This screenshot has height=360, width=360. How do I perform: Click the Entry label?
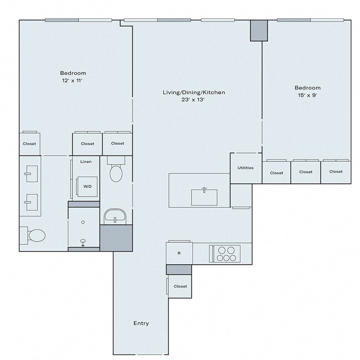tap(141, 323)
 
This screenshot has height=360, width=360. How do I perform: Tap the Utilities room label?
tap(245, 167)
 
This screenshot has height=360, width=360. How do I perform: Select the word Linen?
tap(86, 162)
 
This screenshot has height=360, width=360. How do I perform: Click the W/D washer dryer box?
tap(88, 187)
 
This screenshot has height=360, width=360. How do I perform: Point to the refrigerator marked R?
tap(179, 253)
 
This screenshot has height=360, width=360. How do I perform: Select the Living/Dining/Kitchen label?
tap(193, 92)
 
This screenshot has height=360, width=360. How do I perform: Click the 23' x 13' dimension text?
tap(193, 100)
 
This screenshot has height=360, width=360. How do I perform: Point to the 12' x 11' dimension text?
tap(73, 81)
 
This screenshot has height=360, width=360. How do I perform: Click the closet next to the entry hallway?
tap(180, 286)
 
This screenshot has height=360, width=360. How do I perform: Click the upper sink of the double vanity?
tap(30, 173)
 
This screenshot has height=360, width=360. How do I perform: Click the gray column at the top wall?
tap(258, 30)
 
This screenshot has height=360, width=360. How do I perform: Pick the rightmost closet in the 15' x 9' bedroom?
tap(336, 172)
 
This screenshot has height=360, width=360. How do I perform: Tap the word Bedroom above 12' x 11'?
tap(73, 73)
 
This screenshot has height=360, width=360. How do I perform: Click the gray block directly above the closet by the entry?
tap(179, 269)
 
